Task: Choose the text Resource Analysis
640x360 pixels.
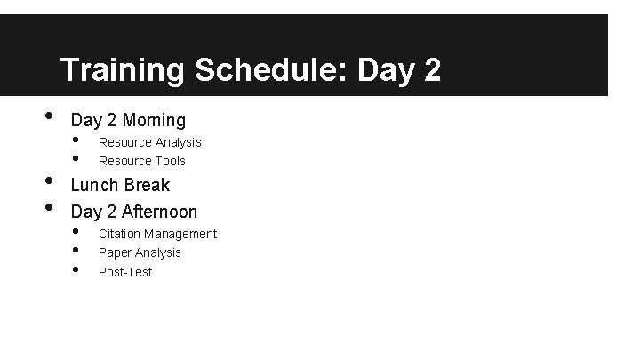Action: (x=149, y=142)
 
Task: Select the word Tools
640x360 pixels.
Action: (x=168, y=161)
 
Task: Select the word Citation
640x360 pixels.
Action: (x=119, y=234)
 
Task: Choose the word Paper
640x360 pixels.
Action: (x=114, y=252)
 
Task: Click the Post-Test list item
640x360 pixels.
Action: (x=124, y=272)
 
